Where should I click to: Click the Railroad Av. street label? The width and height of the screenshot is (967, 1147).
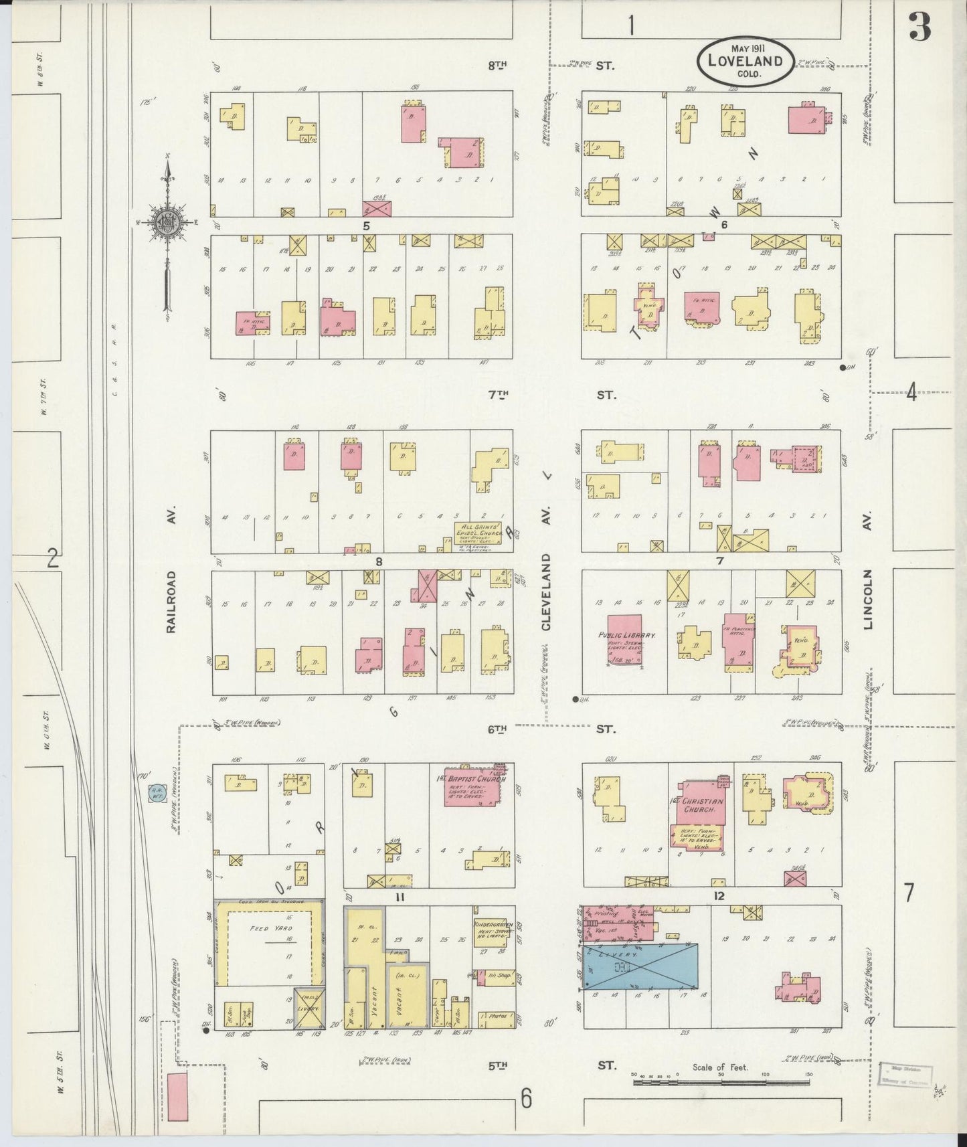click(172, 601)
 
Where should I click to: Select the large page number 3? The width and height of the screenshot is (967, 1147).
click(920, 27)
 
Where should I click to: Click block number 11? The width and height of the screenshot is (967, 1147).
click(400, 897)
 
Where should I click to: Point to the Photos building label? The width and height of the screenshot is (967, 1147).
click(497, 1016)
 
